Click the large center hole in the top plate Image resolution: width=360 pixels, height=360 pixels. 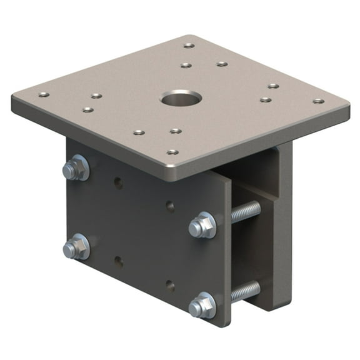tap(181, 98)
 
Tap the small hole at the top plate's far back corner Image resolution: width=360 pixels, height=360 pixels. tap(189, 45)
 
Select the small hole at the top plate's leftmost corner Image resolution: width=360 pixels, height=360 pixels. tap(42, 94)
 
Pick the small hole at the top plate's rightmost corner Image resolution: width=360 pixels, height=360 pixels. tap(318, 101)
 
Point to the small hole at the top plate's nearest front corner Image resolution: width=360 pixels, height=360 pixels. tap(172, 152)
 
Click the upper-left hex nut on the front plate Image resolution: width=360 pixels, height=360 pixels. tap(76, 169)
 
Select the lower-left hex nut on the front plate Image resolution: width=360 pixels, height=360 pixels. tap(76, 246)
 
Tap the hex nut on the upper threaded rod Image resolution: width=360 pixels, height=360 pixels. tap(203, 225)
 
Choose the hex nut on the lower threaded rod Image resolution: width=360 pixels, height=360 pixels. tap(203, 305)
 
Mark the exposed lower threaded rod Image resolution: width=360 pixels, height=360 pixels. tap(245, 291)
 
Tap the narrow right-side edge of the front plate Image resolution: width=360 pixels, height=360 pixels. tap(227, 250)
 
